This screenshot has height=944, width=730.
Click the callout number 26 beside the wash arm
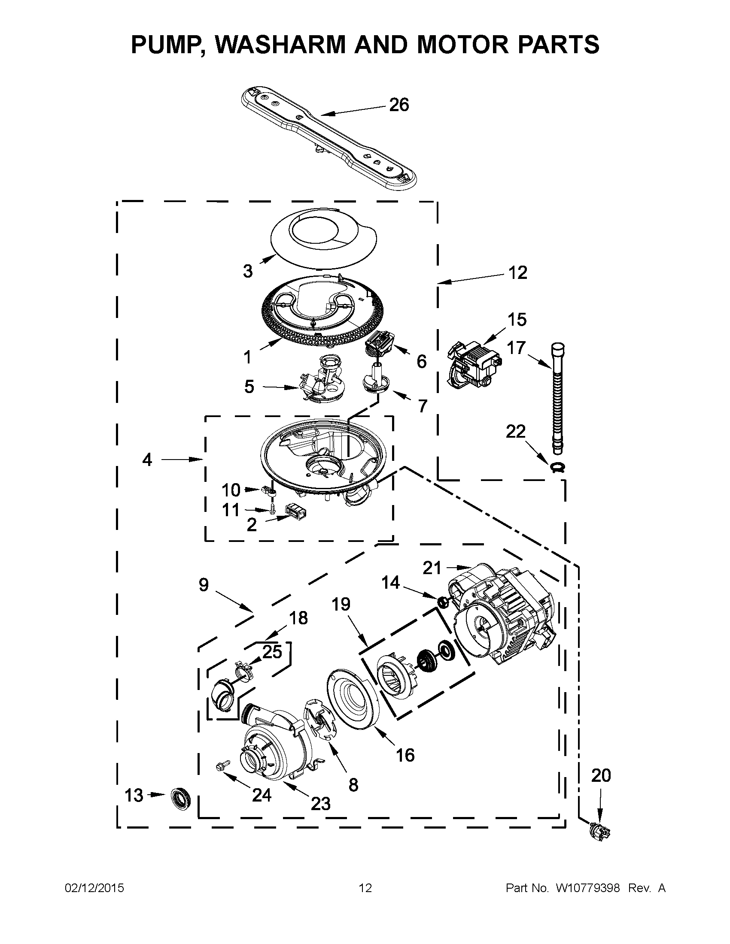399,105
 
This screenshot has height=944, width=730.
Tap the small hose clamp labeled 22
558,467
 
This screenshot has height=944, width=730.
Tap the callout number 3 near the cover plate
247,272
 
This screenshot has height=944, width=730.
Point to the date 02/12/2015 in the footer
94,888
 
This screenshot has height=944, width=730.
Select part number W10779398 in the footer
588,888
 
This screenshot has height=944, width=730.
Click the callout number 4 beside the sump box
147,460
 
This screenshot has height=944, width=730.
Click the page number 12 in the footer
365,888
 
